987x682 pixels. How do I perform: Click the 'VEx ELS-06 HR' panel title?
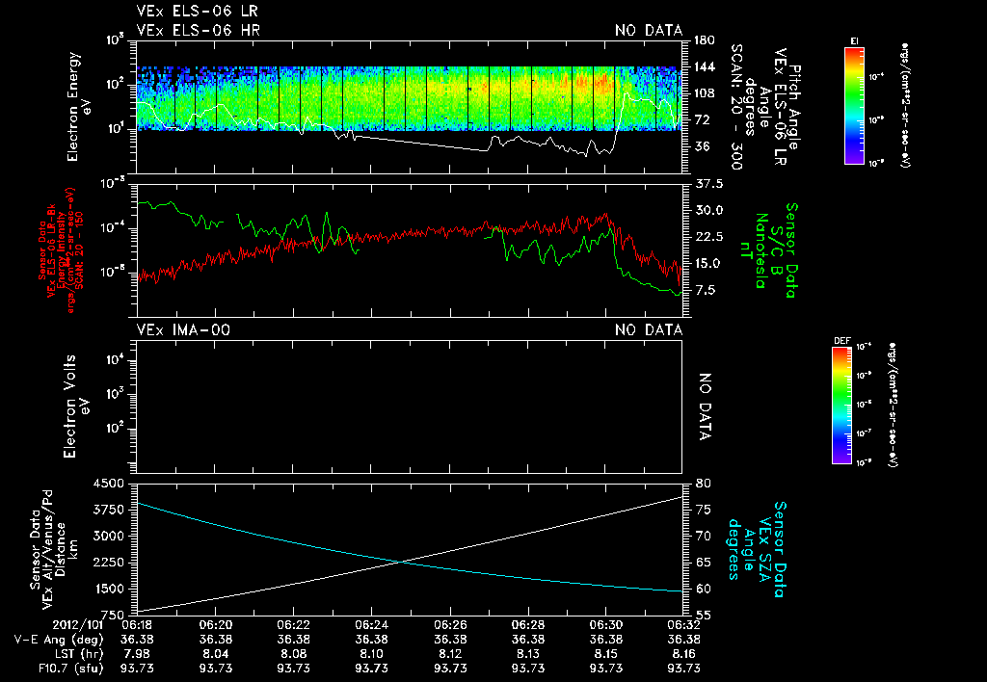tap(198, 31)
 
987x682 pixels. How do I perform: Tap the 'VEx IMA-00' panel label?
tap(183, 329)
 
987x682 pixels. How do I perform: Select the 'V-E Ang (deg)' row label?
tap(50, 639)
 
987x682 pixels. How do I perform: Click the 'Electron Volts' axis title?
tap(69, 395)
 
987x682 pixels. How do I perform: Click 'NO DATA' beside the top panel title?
tap(649, 31)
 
